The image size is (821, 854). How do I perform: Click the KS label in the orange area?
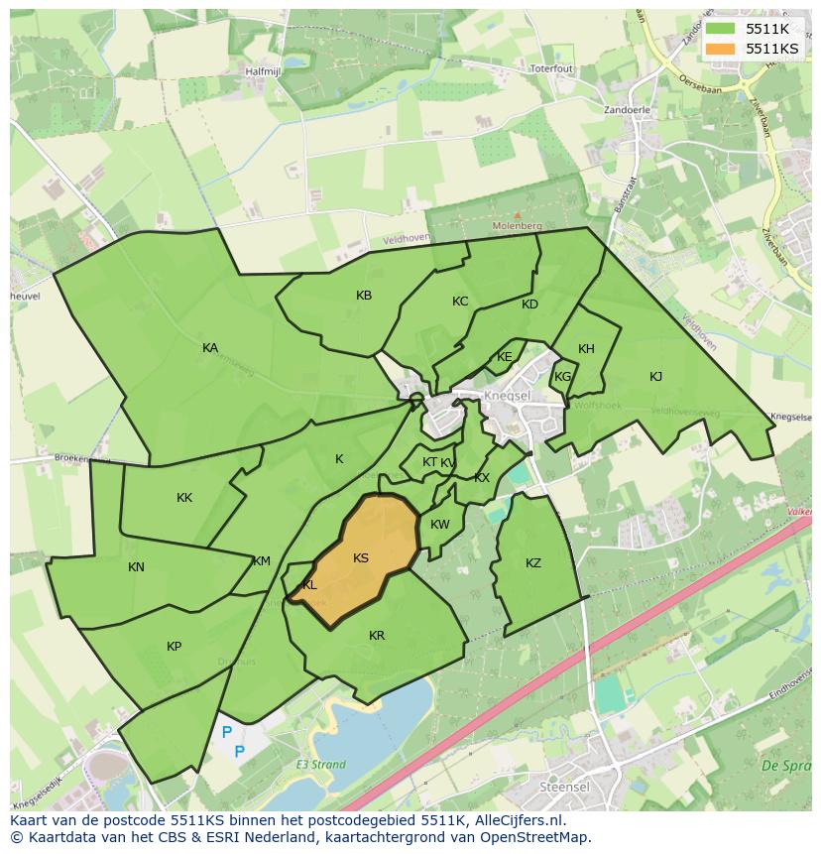coord(361,558)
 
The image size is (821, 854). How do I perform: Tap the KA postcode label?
coord(210,348)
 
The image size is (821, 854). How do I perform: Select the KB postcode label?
coord(364,296)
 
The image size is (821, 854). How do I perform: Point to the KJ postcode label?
coord(655,377)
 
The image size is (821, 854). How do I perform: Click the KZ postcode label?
coord(533,563)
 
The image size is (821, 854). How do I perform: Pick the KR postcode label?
coord(377,636)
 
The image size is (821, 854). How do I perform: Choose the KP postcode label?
coord(175,647)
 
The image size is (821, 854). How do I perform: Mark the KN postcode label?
coord(136,567)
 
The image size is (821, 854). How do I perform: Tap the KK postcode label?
coord(184,498)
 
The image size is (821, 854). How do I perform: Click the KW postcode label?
coord(440,525)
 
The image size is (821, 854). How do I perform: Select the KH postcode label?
coord(586,349)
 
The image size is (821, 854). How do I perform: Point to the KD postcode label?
coord(529,305)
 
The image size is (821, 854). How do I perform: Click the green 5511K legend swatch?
coord(721,29)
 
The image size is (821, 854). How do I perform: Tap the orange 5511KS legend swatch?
coord(721,48)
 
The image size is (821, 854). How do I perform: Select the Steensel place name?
coord(564,787)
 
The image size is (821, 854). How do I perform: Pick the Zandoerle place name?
coord(628,111)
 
